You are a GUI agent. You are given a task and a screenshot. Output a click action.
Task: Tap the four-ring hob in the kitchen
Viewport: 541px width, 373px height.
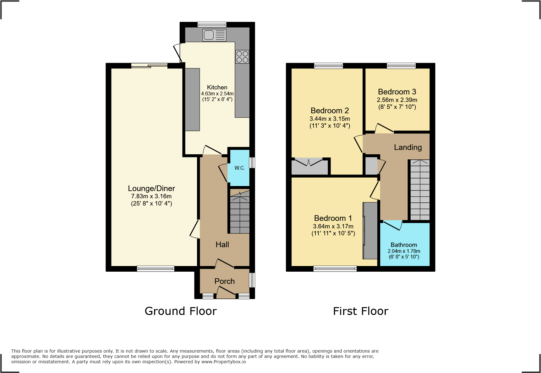tap(242, 57)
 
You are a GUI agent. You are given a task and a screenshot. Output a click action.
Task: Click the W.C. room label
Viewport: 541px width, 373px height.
tap(240, 168)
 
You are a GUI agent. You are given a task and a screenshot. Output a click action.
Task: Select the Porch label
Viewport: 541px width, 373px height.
tap(224, 281)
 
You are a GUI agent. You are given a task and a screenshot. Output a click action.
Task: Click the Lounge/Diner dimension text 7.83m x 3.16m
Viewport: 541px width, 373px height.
tap(151, 196)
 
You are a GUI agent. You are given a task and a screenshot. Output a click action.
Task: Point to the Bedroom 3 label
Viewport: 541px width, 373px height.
tap(397, 92)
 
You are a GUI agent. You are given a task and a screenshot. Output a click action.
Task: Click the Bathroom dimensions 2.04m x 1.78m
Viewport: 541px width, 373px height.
tap(404, 251)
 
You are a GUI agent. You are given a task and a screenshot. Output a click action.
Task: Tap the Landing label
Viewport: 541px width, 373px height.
tap(408, 147)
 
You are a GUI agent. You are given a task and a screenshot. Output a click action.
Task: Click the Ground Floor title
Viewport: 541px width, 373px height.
tap(181, 311)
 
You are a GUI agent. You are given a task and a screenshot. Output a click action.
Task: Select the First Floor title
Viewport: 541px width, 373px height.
tap(361, 311)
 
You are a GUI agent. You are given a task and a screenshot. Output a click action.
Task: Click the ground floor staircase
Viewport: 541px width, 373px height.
tap(240, 213)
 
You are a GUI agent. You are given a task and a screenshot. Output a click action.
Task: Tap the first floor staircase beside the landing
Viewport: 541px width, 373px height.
tap(420, 190)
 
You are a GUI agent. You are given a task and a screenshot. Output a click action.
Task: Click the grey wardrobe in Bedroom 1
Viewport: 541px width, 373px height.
tap(370, 231)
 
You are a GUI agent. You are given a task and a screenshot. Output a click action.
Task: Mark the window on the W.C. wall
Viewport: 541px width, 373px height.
tap(252, 163)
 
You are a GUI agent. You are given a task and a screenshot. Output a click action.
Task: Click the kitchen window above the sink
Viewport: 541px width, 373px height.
tap(212, 24)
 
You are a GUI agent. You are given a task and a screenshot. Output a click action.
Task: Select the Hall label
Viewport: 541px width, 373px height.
tap(222, 245)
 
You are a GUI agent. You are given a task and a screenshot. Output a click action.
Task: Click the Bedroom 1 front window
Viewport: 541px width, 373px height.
tap(335, 269)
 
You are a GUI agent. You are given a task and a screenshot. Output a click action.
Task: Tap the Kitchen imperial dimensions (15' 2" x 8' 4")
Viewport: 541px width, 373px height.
tap(217, 99)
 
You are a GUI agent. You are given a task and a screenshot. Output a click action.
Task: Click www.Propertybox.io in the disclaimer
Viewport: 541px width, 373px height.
tap(223, 362)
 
